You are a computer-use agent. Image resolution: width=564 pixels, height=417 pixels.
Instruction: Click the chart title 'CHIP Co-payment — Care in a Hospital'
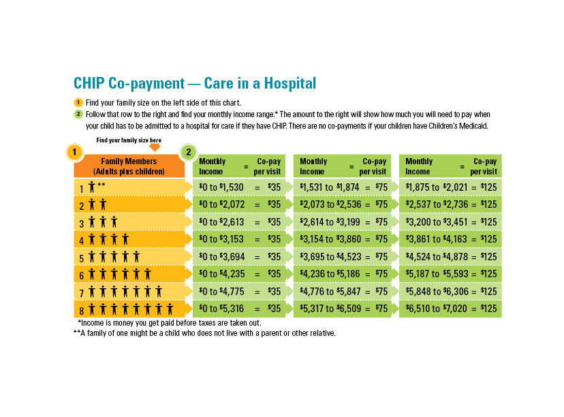[x=195, y=84]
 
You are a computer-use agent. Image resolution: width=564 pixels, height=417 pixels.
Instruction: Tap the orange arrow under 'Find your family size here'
[x=155, y=147]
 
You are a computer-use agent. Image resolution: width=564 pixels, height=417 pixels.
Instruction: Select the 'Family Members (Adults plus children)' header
[x=129, y=166]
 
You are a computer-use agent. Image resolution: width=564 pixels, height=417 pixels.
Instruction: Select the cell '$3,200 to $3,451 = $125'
[x=450, y=221]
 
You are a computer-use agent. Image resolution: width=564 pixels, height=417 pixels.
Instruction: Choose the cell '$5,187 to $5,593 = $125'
[x=450, y=274]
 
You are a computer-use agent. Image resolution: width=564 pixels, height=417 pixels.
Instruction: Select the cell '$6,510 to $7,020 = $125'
[x=450, y=309]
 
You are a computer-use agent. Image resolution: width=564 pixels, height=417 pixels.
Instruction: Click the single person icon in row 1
[x=91, y=187]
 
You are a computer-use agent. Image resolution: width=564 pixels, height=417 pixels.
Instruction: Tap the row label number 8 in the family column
[x=80, y=309]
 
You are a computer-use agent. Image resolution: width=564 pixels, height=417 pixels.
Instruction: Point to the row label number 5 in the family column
[x=80, y=257]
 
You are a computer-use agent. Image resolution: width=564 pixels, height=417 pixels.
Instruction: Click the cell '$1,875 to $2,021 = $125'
[x=450, y=187]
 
